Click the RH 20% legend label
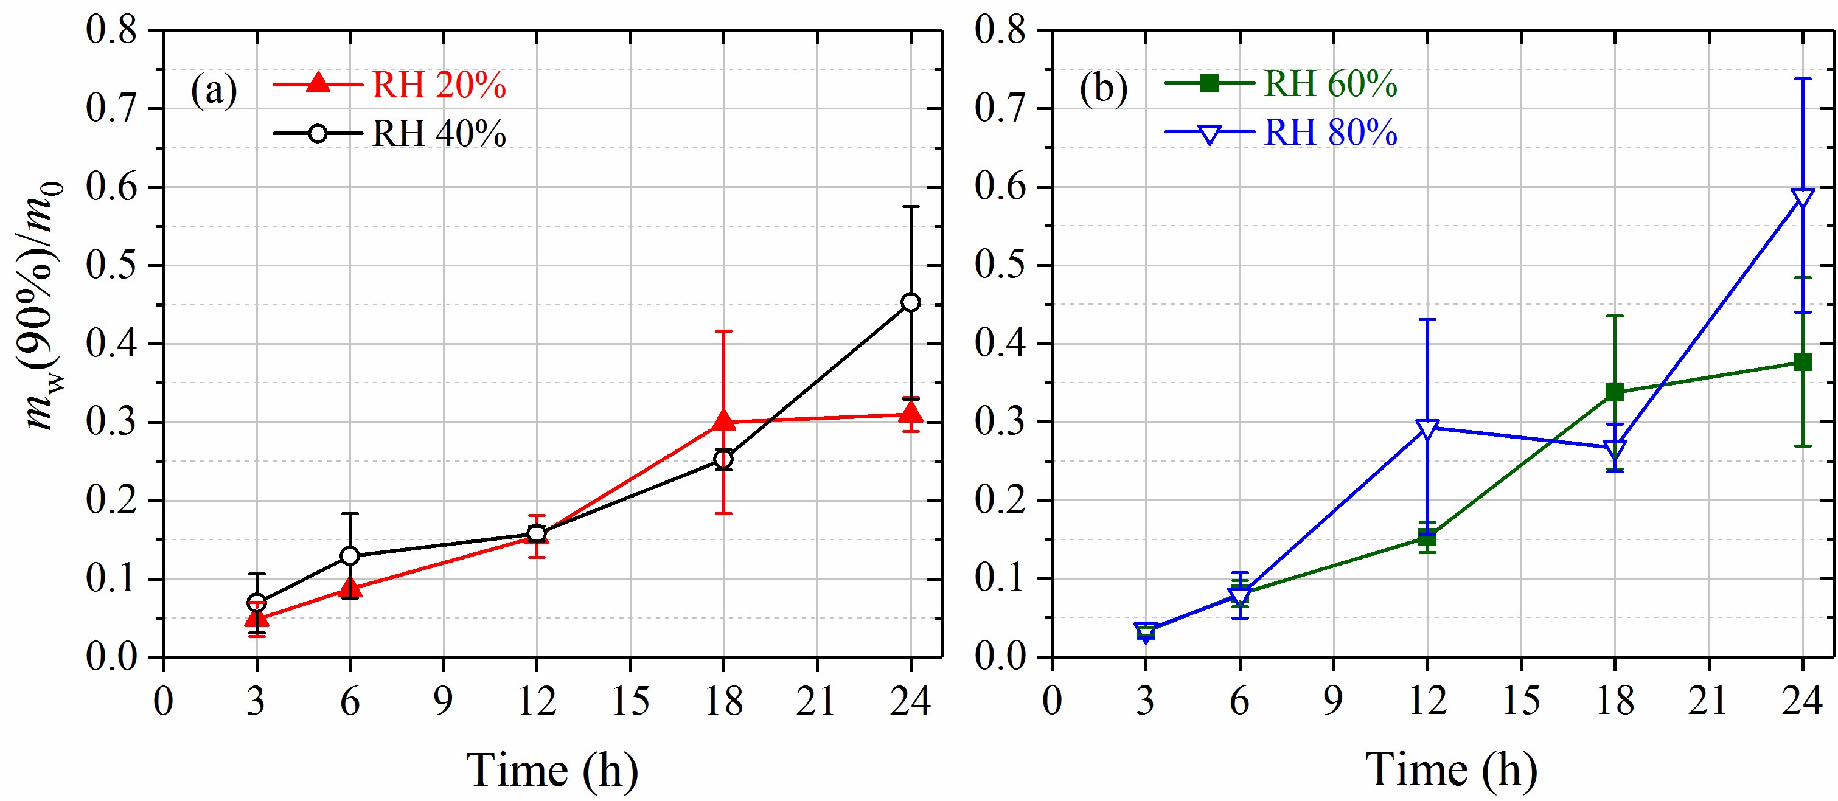(x=439, y=86)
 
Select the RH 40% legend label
(x=439, y=133)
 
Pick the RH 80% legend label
(x=1330, y=133)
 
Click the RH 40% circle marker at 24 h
(x=910, y=302)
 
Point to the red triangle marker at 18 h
(x=723, y=421)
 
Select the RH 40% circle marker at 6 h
(x=350, y=556)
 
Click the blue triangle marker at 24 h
(x=1802, y=198)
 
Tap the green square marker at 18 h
(x=1615, y=392)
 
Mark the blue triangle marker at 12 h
(x=1427, y=429)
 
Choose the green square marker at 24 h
(x=1802, y=362)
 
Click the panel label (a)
(x=214, y=91)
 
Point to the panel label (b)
(x=1103, y=89)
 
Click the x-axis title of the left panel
(x=552, y=771)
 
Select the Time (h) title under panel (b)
(x=1451, y=771)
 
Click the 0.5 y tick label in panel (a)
(x=111, y=265)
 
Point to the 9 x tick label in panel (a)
(x=443, y=701)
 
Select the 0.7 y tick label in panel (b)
(x=1000, y=109)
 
